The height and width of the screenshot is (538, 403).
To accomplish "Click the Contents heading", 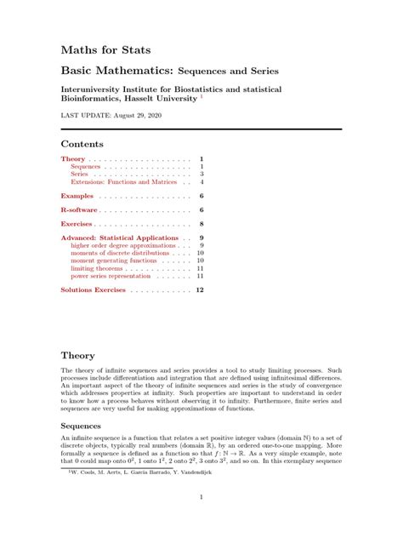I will (82, 144).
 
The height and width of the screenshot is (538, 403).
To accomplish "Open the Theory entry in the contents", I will (72, 159).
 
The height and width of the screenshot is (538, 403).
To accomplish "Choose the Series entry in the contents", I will (79, 175).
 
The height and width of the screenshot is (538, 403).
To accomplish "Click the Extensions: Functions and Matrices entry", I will (123, 182).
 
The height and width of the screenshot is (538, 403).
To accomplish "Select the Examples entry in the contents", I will (77, 197).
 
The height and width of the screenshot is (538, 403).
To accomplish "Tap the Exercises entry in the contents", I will (79, 223).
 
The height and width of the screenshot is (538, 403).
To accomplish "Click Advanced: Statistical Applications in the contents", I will (119, 238).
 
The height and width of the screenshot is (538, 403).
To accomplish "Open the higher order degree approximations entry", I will (124, 245).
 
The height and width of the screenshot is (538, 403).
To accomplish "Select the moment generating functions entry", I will (114, 260).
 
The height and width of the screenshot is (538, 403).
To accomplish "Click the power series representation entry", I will (111, 276).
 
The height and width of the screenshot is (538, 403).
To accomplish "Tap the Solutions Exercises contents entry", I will (93, 290).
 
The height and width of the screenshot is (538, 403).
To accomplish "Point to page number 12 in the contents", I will (200, 290).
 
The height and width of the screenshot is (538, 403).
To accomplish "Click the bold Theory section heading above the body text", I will (77, 355).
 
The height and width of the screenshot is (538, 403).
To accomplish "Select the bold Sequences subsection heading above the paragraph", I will (81, 425).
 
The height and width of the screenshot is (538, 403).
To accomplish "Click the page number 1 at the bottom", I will (201, 497).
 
